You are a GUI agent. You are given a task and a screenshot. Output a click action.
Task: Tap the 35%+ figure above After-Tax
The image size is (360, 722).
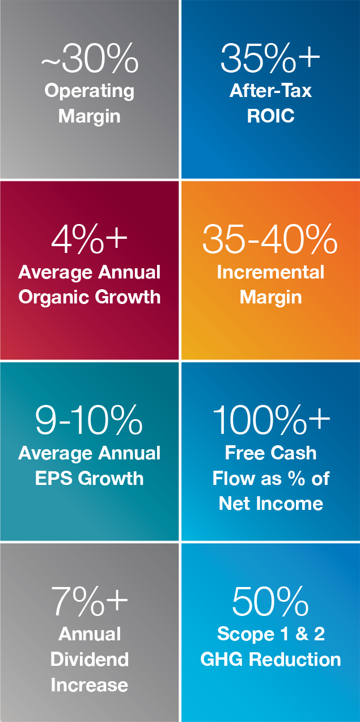pyautogui.click(x=270, y=58)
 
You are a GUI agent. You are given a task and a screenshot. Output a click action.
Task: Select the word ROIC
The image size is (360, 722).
pyautogui.click(x=271, y=116)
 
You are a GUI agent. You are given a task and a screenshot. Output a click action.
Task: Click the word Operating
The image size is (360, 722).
pyautogui.click(x=90, y=91)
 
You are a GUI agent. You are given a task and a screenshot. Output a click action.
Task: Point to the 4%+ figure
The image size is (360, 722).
pyautogui.click(x=90, y=240)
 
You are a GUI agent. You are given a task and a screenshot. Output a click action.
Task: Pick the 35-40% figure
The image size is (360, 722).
pyautogui.click(x=270, y=240)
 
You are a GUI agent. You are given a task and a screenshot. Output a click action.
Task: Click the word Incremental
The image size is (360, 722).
pyautogui.click(x=271, y=272)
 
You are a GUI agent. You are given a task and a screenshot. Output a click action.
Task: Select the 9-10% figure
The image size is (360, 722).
pyautogui.click(x=89, y=421)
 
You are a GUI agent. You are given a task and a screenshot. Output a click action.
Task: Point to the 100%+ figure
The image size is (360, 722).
pyautogui.click(x=271, y=421)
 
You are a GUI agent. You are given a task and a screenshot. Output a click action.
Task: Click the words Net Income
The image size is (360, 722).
pyautogui.click(x=271, y=503)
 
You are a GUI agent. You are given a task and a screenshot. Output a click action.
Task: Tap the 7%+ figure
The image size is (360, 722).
pyautogui.click(x=90, y=601)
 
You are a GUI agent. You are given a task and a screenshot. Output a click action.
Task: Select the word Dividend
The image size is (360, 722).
pyautogui.click(x=90, y=659)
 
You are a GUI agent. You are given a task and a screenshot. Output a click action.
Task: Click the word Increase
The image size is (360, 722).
pyautogui.click(x=90, y=685)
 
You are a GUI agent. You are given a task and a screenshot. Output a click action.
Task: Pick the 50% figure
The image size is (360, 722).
pyautogui.click(x=270, y=601)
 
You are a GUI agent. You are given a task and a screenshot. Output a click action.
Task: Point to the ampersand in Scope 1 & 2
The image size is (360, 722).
pyautogui.click(x=302, y=634)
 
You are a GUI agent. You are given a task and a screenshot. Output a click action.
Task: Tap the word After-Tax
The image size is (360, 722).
pyautogui.click(x=271, y=91)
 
